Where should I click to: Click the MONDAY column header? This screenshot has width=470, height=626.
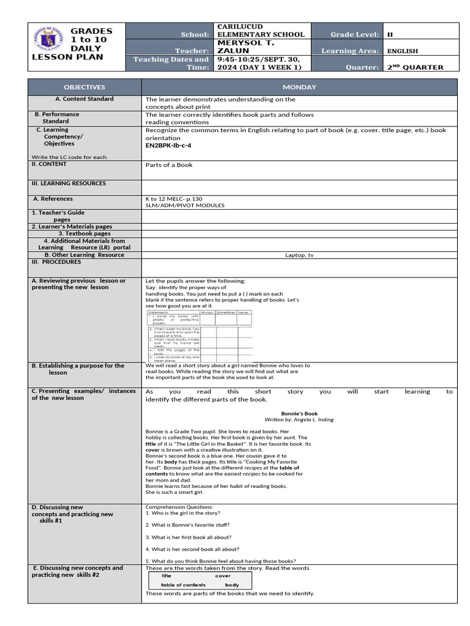click(299, 87)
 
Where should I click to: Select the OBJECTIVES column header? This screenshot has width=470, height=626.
click(85, 87)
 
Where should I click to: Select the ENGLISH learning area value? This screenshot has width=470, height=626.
click(403, 51)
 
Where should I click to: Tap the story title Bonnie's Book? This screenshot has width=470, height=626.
click(299, 413)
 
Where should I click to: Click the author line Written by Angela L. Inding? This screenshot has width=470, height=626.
click(299, 420)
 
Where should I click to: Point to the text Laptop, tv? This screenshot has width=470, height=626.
click(299, 255)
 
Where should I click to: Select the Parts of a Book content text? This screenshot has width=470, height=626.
click(169, 165)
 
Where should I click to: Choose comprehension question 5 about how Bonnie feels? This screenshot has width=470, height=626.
click(220, 561)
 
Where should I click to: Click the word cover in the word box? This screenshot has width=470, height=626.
click(223, 576)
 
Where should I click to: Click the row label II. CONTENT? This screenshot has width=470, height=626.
click(49, 164)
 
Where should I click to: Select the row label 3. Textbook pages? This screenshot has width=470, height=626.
click(84, 234)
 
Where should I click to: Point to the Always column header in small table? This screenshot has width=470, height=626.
click(207, 312)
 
